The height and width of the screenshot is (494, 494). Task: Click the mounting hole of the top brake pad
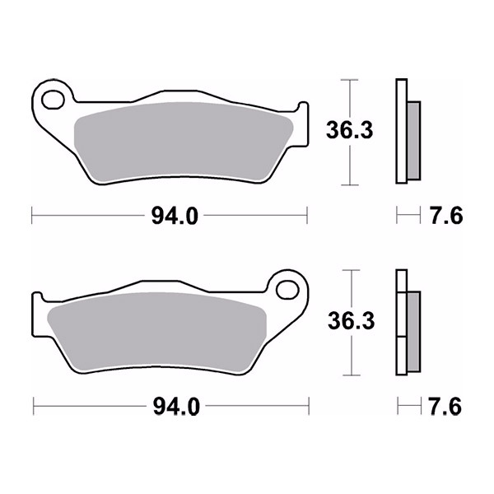[53, 100]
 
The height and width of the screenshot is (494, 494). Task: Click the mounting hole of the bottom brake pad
[287, 290]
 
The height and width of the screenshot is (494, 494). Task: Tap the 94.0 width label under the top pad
[175, 216]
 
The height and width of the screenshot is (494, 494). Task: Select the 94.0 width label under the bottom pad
[176, 407]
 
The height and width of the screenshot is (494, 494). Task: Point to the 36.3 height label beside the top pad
[349, 130]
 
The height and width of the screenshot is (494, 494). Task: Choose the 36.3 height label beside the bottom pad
[352, 320]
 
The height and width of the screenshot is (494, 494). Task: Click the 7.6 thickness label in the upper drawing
[446, 216]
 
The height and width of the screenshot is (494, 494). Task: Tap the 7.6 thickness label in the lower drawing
[445, 407]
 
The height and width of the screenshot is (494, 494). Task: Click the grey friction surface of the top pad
[183, 142]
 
